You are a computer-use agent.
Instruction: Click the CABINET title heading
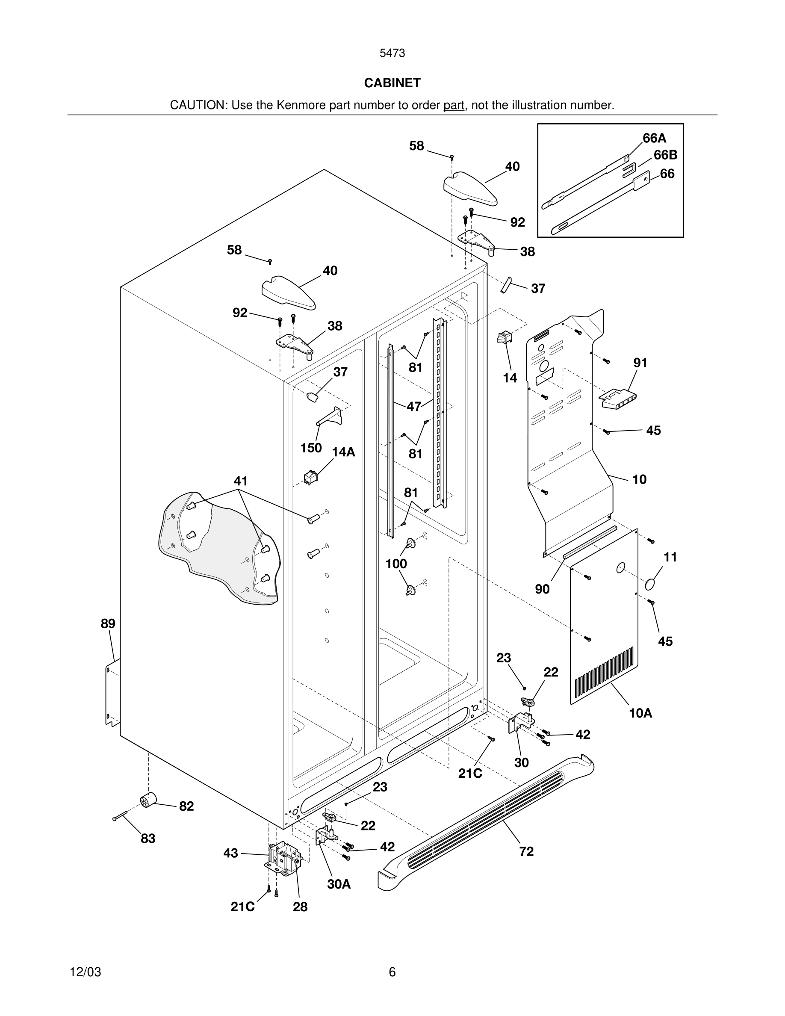tap(392, 83)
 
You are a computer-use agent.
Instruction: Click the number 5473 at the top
tap(392, 53)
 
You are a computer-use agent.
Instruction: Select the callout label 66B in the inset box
tap(665, 155)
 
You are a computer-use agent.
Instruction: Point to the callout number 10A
tap(640, 713)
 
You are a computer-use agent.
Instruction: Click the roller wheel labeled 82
tap(148, 800)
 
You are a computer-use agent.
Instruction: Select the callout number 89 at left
tap(108, 624)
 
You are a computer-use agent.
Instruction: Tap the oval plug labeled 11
tap(652, 583)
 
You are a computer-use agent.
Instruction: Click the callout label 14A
tap(343, 452)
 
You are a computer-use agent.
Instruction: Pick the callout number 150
tap(311, 448)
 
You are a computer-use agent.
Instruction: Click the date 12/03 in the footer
tap(85, 972)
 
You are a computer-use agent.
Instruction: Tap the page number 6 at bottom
tap(392, 972)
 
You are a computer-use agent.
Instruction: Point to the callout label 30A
tap(339, 884)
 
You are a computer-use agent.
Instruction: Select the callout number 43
tap(230, 853)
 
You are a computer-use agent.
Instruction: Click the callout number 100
tap(396, 564)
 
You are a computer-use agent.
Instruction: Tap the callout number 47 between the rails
tap(413, 407)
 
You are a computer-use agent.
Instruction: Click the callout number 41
tap(240, 481)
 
